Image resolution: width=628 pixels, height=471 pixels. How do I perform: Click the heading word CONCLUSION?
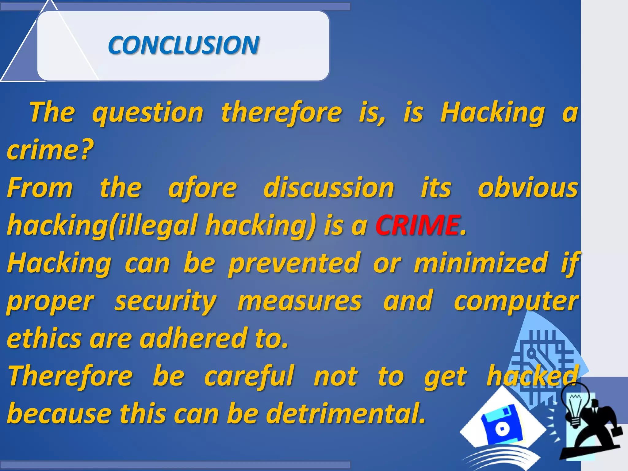(x=183, y=45)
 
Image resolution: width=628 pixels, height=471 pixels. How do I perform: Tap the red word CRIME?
(x=418, y=225)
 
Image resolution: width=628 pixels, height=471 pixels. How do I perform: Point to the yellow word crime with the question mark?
(x=50, y=150)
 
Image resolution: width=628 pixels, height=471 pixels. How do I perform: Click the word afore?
(x=203, y=188)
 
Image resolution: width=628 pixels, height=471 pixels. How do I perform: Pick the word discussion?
(x=329, y=188)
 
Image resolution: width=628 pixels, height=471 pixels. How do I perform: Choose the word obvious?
(x=528, y=188)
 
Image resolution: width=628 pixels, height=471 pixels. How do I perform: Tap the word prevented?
(x=294, y=263)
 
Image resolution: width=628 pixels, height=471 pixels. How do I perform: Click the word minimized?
(x=481, y=263)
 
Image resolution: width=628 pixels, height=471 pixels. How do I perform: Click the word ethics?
(x=44, y=339)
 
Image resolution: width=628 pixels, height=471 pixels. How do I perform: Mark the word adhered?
(x=193, y=339)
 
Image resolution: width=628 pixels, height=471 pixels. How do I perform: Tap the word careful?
(x=249, y=376)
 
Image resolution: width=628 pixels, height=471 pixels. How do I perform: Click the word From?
(x=40, y=188)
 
